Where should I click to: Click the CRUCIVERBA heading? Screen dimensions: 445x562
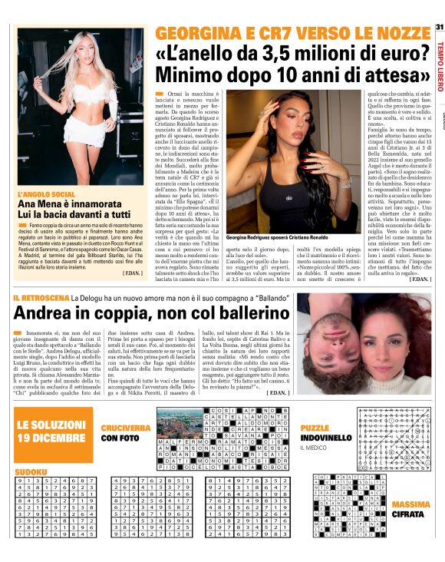124,427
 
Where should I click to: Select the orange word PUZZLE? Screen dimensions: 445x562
315,427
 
